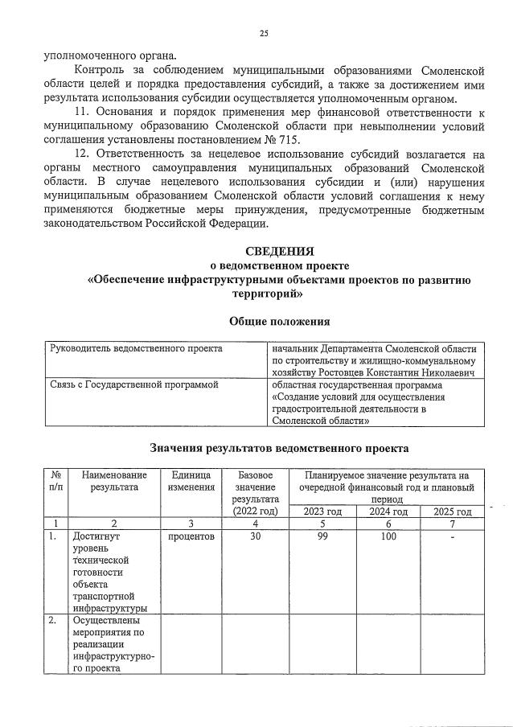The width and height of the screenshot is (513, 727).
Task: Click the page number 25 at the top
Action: tap(263, 33)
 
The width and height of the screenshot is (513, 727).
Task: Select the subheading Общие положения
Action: tap(279, 321)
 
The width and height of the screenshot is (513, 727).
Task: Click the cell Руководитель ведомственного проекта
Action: tap(136, 349)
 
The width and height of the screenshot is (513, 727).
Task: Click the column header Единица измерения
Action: tap(192, 481)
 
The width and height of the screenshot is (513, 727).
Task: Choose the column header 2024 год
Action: tap(388, 511)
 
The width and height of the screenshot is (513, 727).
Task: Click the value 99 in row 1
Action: tap(322, 536)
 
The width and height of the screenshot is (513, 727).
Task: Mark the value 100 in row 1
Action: tap(388, 536)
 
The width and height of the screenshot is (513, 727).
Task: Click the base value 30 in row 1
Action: tap(256, 536)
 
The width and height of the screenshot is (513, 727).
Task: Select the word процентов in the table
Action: tap(192, 536)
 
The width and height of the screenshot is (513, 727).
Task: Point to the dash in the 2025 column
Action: tap(453, 537)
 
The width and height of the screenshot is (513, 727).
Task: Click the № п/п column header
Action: tap(55, 481)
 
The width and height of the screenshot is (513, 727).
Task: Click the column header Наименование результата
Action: tap(115, 481)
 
